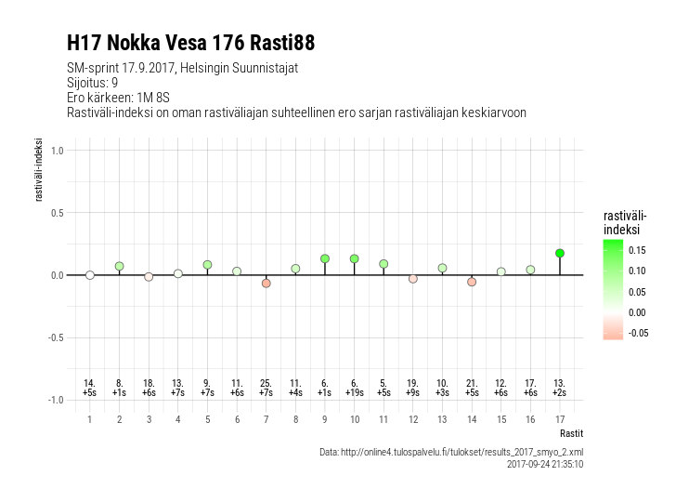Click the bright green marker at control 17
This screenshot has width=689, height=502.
559,253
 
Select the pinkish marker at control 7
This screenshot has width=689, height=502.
266,283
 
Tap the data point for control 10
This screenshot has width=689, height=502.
354,258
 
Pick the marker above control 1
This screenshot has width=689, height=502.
90,275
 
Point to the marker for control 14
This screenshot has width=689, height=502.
472,282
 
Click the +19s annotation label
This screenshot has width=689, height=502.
354,393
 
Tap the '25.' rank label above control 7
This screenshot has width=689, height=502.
266,383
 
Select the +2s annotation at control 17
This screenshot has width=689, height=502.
559,393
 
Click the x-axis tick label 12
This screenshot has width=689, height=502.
412,419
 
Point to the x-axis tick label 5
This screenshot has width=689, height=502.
207,419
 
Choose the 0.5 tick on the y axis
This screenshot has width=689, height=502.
56,213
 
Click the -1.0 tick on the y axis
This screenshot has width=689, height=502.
54,400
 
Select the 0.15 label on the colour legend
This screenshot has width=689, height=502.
638,250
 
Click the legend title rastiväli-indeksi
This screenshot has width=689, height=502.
624,222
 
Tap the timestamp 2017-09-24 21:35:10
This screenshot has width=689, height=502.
545,464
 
